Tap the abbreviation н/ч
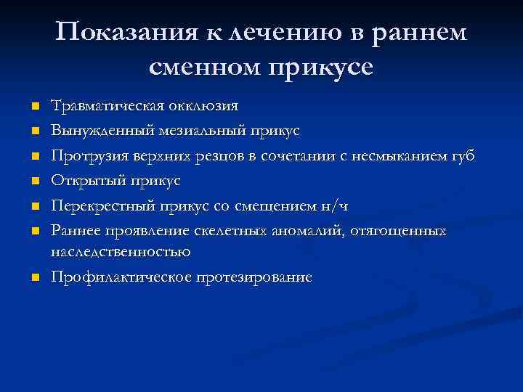point(334,206)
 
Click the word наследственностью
point(121,251)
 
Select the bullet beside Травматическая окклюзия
point(33,107)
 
